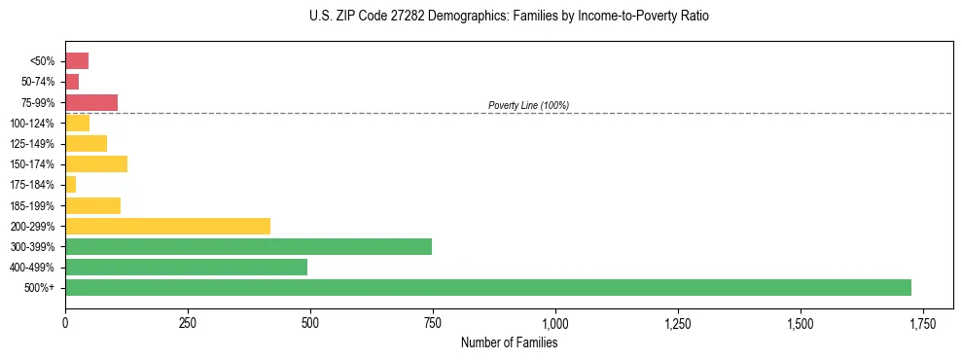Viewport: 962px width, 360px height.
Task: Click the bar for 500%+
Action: pos(487,288)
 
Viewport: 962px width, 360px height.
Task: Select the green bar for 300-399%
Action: pos(248,246)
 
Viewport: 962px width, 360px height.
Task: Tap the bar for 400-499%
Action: pos(186,268)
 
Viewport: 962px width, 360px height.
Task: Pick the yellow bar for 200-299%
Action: pos(167,226)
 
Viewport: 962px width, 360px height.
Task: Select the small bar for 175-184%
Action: pos(70,185)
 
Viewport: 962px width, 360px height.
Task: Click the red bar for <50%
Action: pos(77,61)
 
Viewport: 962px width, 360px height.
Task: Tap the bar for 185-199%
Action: pos(92,205)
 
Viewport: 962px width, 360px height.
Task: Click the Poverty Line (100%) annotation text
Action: pos(528,105)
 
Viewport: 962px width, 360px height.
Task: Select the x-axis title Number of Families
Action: pos(509,342)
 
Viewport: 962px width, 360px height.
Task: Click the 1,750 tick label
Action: pos(922,323)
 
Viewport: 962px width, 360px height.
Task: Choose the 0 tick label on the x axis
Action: pos(65,323)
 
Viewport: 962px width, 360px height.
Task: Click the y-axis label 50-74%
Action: pos(38,82)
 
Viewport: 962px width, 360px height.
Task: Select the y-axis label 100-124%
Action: pos(34,124)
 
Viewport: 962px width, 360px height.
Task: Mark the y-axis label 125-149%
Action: pos(34,144)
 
